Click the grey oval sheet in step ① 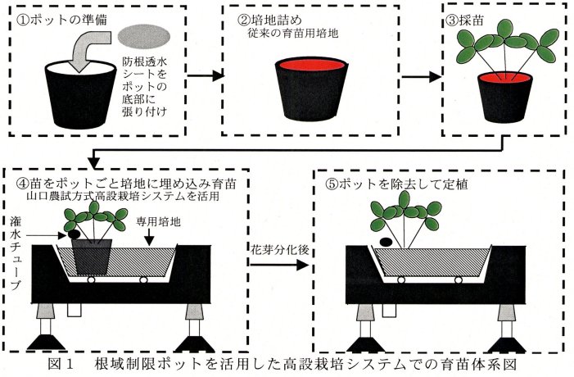(146, 34)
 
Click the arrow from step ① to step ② (212, 77)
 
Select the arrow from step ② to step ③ (421, 77)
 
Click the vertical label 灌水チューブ (17, 250)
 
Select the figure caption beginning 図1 (287, 363)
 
